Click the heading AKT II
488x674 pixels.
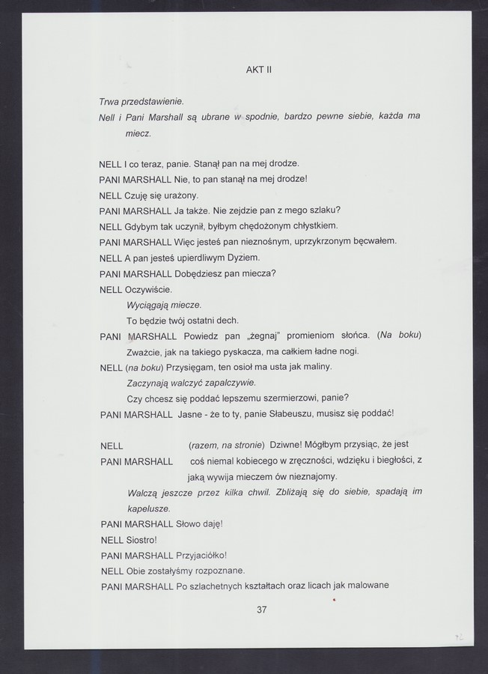coord(258,70)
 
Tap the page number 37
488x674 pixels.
coord(261,610)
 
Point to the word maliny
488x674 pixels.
coord(314,367)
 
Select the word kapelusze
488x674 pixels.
coord(149,508)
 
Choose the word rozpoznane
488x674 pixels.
coord(217,571)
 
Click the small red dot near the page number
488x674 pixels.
coord(334,599)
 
